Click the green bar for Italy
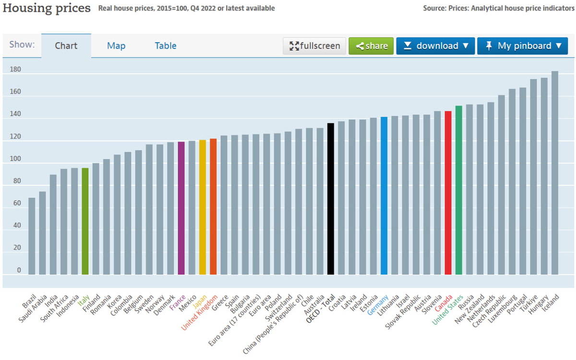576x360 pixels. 85,221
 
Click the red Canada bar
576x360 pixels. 448,192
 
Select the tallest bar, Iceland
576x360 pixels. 555,173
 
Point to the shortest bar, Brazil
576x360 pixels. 32,236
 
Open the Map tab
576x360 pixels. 116,46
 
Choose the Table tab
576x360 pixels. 166,46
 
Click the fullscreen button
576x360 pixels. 314,46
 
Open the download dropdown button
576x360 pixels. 435,46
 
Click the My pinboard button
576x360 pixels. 522,46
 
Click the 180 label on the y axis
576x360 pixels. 16,70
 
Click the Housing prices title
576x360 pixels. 47,8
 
